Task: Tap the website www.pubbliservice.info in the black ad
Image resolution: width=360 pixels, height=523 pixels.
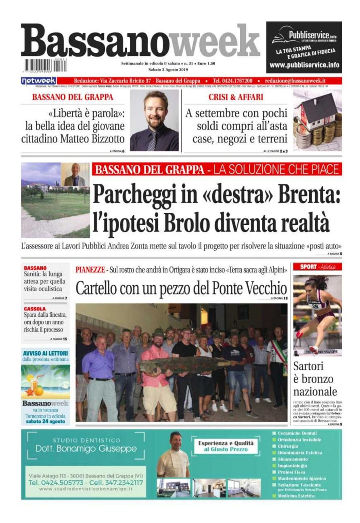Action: [x=304, y=65]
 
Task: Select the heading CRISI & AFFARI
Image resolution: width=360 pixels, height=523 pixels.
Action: [x=236, y=97]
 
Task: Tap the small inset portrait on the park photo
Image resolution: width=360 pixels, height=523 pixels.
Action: [x=75, y=174]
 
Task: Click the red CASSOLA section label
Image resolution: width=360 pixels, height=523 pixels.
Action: [x=35, y=309]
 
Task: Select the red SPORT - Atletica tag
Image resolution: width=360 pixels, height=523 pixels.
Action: [x=317, y=267]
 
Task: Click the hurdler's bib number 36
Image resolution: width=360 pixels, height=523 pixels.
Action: [x=315, y=306]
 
